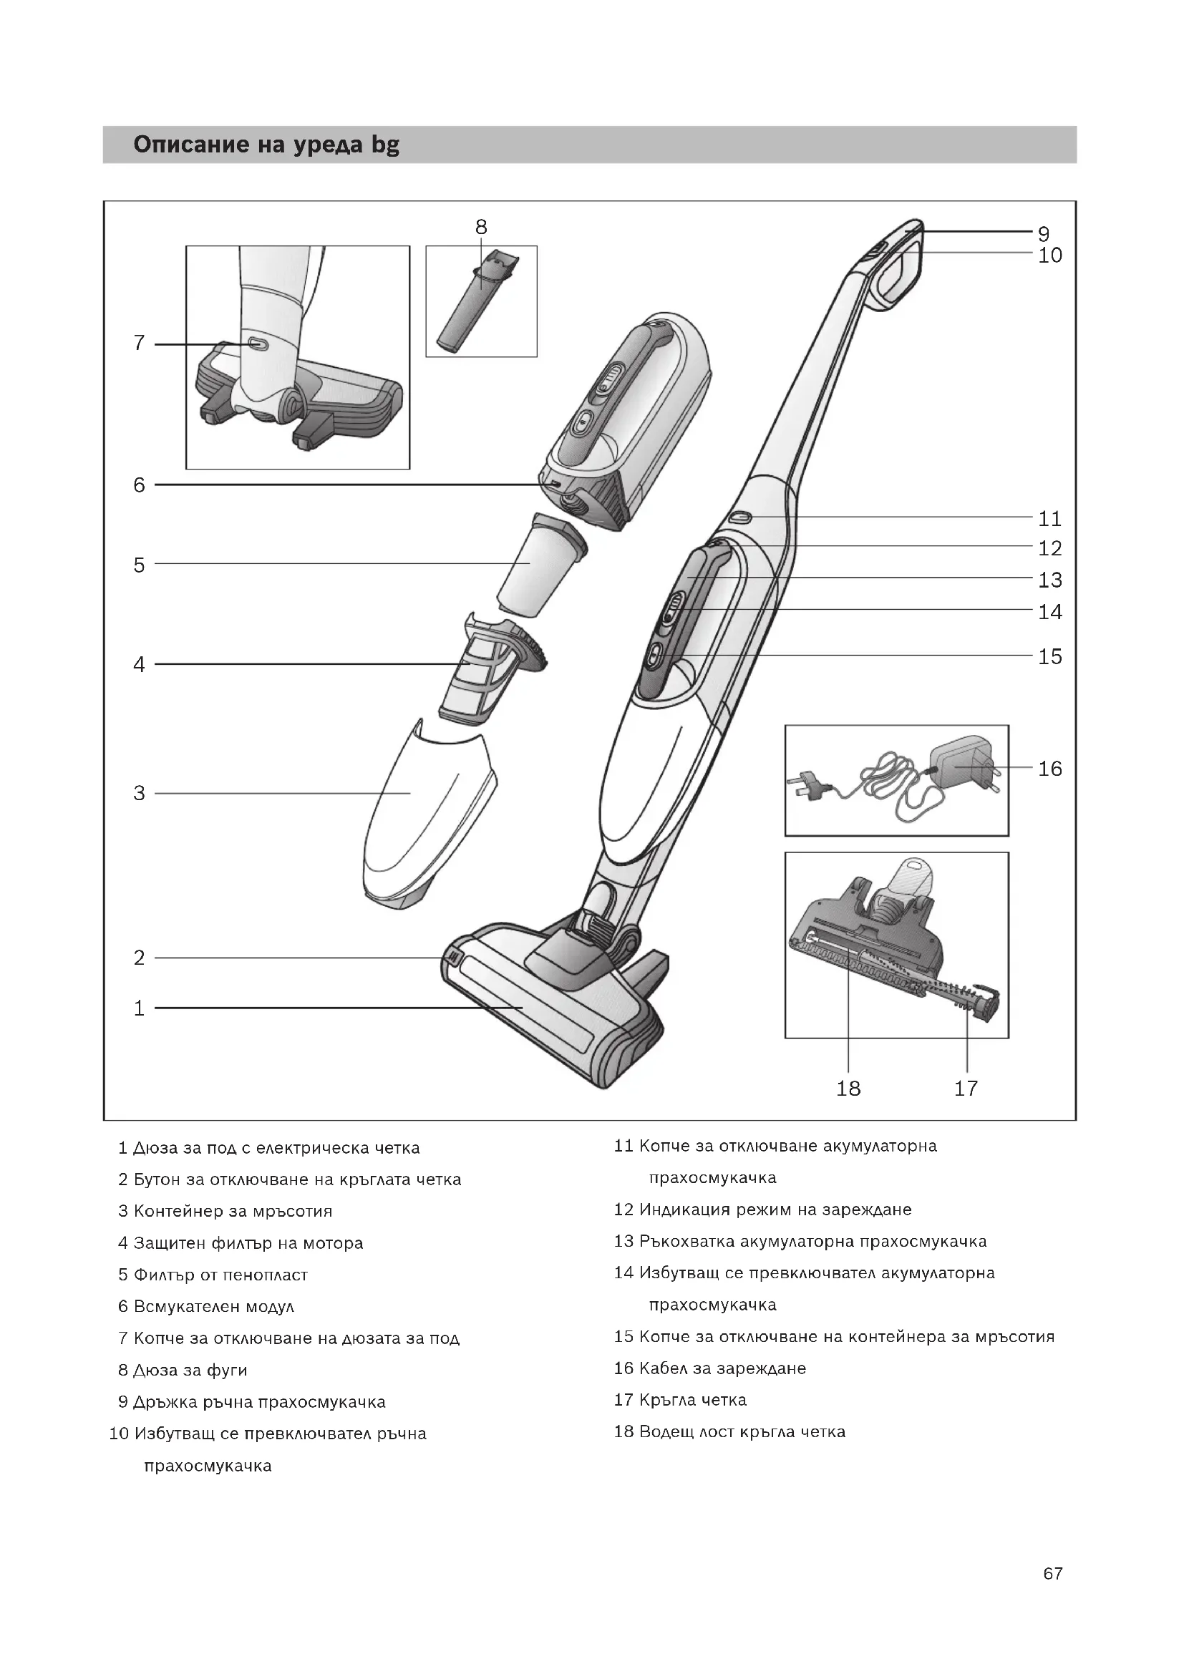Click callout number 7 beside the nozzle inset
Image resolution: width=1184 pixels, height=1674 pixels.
140,343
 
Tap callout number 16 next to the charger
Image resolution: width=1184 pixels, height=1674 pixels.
1050,769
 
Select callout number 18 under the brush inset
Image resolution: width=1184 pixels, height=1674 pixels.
849,1089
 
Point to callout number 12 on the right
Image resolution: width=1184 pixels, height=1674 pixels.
1050,548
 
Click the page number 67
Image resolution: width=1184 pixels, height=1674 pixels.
1052,1594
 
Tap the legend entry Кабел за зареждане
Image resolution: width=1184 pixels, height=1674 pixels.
722,1368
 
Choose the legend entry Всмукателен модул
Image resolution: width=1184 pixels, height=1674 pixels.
213,1307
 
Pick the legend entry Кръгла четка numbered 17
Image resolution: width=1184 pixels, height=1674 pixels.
692,1400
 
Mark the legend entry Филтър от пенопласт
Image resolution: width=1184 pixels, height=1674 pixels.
220,1275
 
